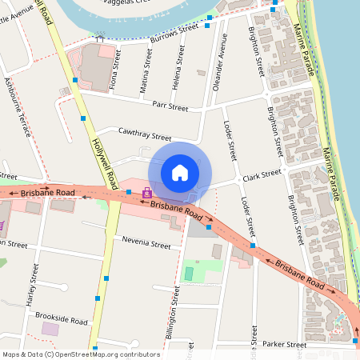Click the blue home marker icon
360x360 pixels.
(x=180, y=173)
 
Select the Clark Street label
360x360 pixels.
(x=262, y=173)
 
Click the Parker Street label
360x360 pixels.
(x=285, y=345)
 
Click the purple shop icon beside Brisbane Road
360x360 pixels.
(x=146, y=193)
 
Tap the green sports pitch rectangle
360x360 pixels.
(x=190, y=274)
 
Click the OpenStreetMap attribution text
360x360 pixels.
(x=82, y=354)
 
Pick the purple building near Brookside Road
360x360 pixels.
(x=50, y=329)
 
